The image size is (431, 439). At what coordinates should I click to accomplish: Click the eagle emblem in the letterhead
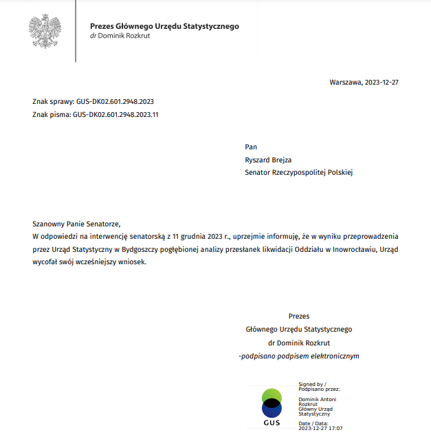(45, 31)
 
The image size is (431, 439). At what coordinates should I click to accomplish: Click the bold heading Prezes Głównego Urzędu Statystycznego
(164, 26)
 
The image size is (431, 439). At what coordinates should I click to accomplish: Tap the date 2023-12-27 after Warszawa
(381, 83)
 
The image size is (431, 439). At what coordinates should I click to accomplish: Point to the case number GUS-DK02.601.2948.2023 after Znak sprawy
(115, 101)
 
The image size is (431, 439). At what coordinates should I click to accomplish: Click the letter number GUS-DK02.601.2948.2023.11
(115, 115)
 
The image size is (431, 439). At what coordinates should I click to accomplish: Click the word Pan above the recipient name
(250, 147)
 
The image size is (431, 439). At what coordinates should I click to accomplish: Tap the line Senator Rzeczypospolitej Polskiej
(298, 173)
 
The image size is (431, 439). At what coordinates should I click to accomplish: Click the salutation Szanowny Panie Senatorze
(76, 224)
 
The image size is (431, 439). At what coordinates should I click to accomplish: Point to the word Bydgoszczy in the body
(142, 249)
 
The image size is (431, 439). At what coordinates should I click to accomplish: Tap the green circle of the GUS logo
(272, 396)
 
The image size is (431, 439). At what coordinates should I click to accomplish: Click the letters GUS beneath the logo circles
(272, 422)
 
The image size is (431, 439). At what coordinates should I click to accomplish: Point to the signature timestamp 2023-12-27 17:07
(320, 428)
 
